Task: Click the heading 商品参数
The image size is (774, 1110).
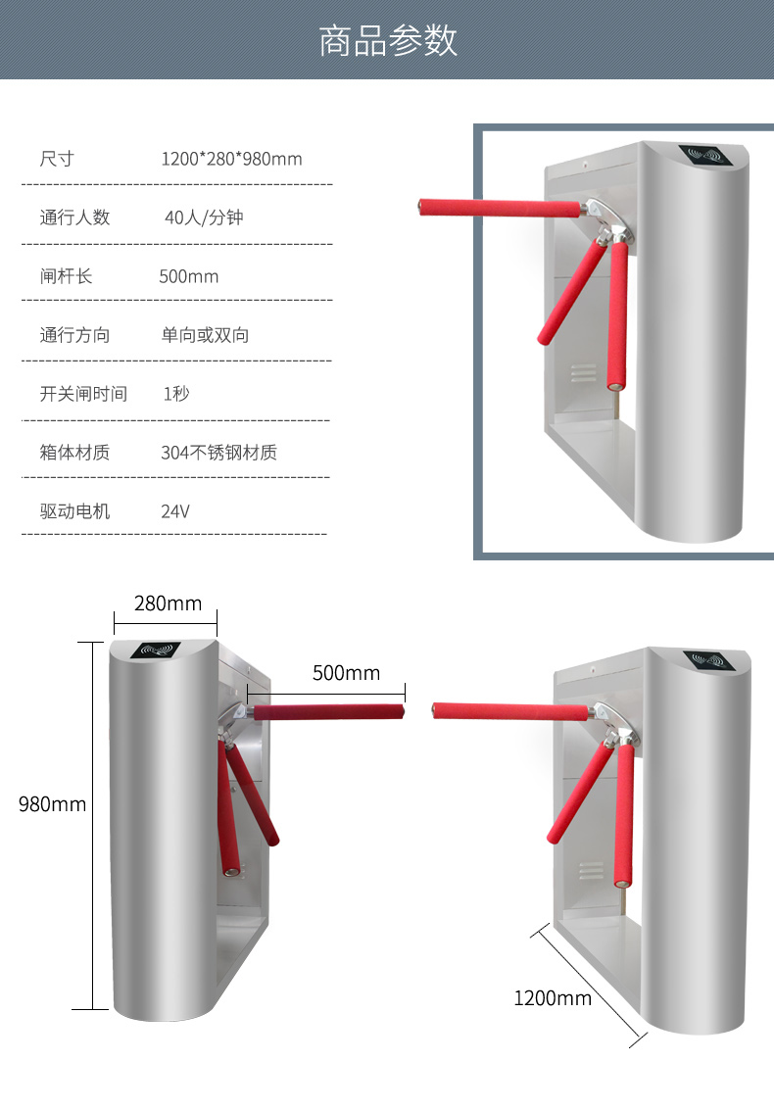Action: [x=387, y=40]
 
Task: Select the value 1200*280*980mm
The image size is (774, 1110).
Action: [x=231, y=159]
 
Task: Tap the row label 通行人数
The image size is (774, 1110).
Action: [x=75, y=217]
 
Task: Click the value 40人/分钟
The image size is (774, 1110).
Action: [x=204, y=217]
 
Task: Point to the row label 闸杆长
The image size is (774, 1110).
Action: [x=66, y=276]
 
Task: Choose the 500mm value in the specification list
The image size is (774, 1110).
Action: [x=188, y=276]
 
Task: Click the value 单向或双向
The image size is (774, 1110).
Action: [x=206, y=335]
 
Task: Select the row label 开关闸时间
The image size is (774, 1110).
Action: [x=83, y=394]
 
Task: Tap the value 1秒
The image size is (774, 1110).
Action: [x=176, y=394]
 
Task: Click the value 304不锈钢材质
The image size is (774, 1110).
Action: [x=218, y=453]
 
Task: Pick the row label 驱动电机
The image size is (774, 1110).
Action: [x=75, y=511]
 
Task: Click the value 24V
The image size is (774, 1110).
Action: [x=175, y=511]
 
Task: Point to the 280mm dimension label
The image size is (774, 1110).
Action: [x=168, y=603]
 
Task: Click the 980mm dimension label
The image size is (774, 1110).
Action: [x=52, y=804]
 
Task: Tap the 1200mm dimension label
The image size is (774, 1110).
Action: [x=553, y=998]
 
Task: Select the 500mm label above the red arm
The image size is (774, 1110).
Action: [x=346, y=672]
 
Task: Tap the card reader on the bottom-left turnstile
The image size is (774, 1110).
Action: [x=157, y=649]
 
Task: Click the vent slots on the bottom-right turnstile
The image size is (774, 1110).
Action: [x=592, y=870]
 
